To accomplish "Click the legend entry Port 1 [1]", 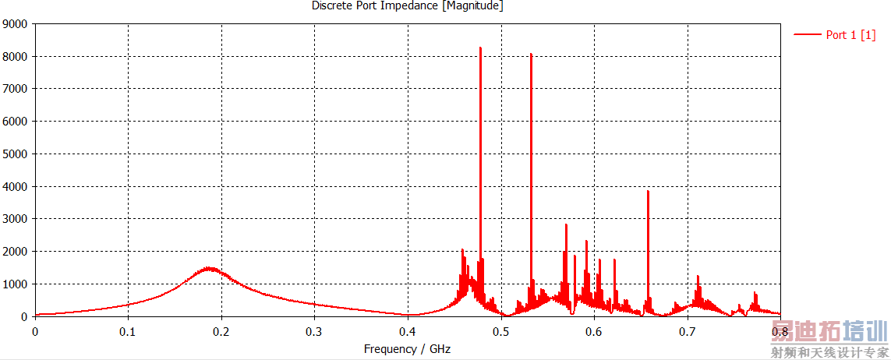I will coord(850,34).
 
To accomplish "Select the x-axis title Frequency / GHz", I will coord(407,349).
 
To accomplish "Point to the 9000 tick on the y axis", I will coord(16,24).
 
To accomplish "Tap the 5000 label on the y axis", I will coord(16,154).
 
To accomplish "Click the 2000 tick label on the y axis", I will coord(16,252).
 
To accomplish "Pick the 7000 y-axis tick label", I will coord(16,89).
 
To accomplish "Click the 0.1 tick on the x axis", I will coord(128,331).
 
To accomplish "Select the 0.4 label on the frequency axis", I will coord(408,331).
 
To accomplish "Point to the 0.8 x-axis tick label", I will coord(780,331).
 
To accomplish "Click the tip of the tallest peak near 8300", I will coord(480,48).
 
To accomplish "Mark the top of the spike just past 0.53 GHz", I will coord(531,54).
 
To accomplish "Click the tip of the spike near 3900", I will coord(648,191).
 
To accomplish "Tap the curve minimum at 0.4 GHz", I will coord(409,315).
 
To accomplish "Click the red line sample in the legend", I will coord(808,34).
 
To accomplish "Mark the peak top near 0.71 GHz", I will coord(698,276).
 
